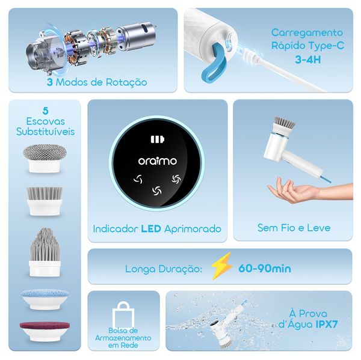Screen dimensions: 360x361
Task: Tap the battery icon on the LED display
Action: pos(156,140)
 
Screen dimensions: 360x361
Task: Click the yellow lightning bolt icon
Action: pos(221,267)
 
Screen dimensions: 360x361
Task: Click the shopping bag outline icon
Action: pos(123,314)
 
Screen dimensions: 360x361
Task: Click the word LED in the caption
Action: pos(151,229)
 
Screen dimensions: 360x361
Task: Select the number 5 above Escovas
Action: pos(46,110)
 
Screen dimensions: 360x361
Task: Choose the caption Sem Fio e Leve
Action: pos(294,228)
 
